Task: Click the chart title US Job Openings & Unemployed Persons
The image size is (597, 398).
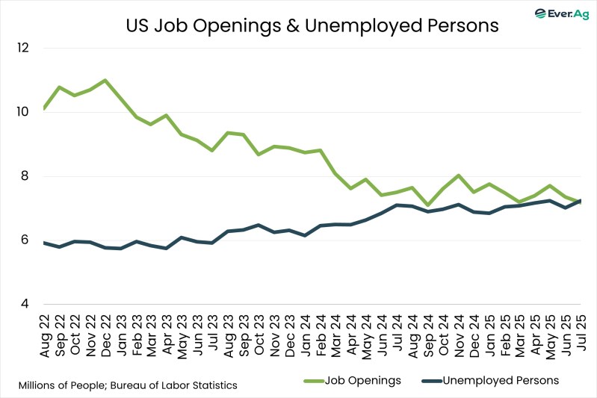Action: pyautogui.click(x=311, y=25)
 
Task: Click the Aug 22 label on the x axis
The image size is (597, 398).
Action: pyautogui.click(x=45, y=334)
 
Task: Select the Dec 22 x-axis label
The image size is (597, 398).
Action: pyautogui.click(x=105, y=334)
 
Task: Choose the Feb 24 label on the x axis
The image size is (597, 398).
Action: pyautogui.click(x=319, y=334)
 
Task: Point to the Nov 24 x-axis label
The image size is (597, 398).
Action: pyautogui.click(x=457, y=334)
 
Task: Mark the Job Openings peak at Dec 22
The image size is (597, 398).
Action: pyautogui.click(x=105, y=80)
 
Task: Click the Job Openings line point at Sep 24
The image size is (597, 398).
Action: pyautogui.click(x=427, y=205)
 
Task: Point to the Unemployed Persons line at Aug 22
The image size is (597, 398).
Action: pyautogui.click(x=45, y=243)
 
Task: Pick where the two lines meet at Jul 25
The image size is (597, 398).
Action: pyautogui.click(x=580, y=201)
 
